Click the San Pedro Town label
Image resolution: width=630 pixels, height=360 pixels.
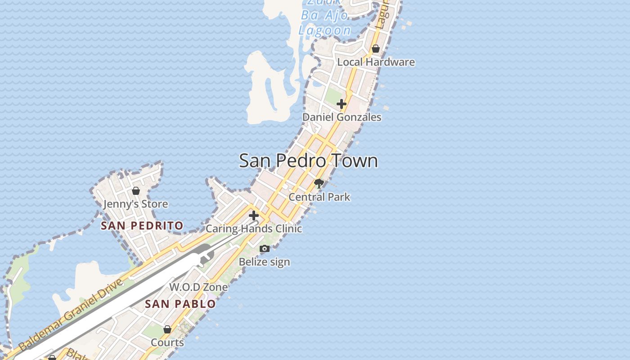(x=308, y=161)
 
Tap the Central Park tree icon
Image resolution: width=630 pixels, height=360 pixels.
(x=319, y=183)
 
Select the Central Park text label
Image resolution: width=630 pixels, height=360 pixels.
(x=319, y=197)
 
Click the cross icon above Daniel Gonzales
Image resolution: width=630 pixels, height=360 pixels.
(x=342, y=104)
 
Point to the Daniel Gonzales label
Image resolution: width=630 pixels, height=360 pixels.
(x=342, y=117)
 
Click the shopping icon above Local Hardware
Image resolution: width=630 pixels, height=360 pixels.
(x=376, y=49)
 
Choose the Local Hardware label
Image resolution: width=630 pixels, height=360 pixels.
(x=376, y=62)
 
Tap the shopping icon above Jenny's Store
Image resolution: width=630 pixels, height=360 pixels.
(x=136, y=191)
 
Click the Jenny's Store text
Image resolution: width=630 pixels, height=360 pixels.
(x=135, y=204)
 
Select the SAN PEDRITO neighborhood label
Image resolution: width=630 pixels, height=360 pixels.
(x=142, y=226)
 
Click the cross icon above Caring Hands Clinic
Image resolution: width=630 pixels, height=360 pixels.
(x=254, y=215)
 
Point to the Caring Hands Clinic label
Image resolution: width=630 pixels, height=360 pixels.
(x=254, y=229)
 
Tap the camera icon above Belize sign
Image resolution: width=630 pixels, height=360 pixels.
(x=265, y=248)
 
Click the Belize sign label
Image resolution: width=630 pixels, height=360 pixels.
(x=264, y=262)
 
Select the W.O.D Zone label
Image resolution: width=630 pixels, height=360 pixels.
(x=198, y=287)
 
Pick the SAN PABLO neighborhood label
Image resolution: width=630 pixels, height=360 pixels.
(x=180, y=304)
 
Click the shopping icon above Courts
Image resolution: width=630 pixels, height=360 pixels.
(x=167, y=329)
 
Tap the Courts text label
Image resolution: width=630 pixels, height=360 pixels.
(x=167, y=343)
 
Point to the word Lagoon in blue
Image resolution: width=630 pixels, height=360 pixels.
(x=325, y=31)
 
